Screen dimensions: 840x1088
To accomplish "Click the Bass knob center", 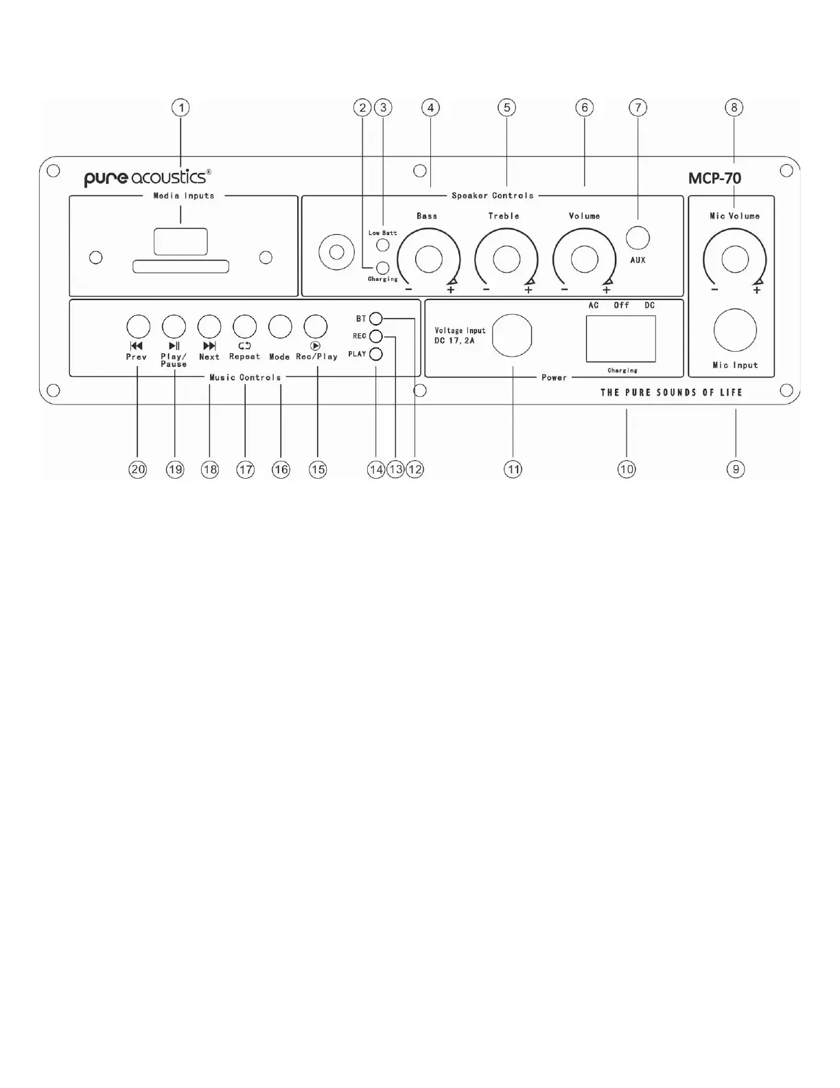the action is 429,260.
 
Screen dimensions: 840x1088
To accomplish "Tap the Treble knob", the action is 506,260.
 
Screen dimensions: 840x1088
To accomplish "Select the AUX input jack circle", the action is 638,238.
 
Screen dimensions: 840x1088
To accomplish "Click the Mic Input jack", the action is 735,330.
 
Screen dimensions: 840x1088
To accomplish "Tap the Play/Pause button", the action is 174,326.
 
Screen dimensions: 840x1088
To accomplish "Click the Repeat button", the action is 244,326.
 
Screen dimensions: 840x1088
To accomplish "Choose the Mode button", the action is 280,326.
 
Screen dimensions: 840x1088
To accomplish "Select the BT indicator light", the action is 375,319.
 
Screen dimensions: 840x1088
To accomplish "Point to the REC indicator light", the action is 375,336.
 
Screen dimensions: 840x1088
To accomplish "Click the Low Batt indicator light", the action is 383,245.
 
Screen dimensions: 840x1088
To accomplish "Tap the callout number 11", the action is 513,469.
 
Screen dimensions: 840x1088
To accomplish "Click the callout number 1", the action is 180,108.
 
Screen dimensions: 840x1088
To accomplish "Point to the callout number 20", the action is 137,469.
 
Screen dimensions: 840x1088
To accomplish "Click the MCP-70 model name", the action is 714,179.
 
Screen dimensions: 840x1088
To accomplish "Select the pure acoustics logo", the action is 147,177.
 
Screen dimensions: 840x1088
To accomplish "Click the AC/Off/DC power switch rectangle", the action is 621,339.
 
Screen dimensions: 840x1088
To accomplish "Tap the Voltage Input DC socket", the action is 512,335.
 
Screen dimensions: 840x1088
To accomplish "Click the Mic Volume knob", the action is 735,260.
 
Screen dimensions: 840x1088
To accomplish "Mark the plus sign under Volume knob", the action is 607,290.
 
